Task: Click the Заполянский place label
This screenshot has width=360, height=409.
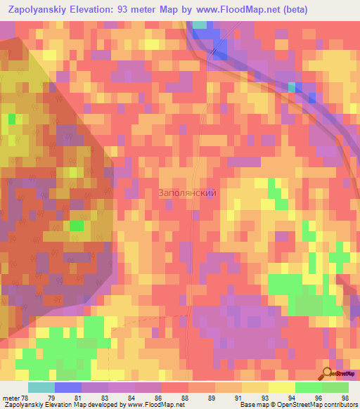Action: (x=186, y=193)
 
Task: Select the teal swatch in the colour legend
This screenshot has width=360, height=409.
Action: (x=41, y=387)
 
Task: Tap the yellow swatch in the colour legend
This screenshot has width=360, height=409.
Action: (x=281, y=387)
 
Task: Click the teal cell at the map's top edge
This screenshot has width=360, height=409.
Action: (x=200, y=25)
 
